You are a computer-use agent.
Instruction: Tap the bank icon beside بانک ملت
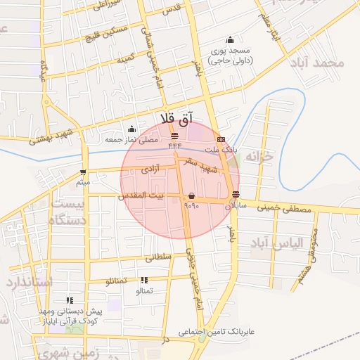[221, 139]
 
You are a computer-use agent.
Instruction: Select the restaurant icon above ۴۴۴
[174, 134]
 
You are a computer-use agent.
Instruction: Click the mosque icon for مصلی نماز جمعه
[131, 129]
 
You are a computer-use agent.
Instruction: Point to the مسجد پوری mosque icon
[230, 40]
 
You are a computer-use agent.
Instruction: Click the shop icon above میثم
[84, 172]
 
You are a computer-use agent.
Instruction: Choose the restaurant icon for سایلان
[235, 195]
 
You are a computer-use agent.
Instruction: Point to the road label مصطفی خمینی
[285, 208]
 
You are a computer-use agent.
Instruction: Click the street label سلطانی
[158, 258]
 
